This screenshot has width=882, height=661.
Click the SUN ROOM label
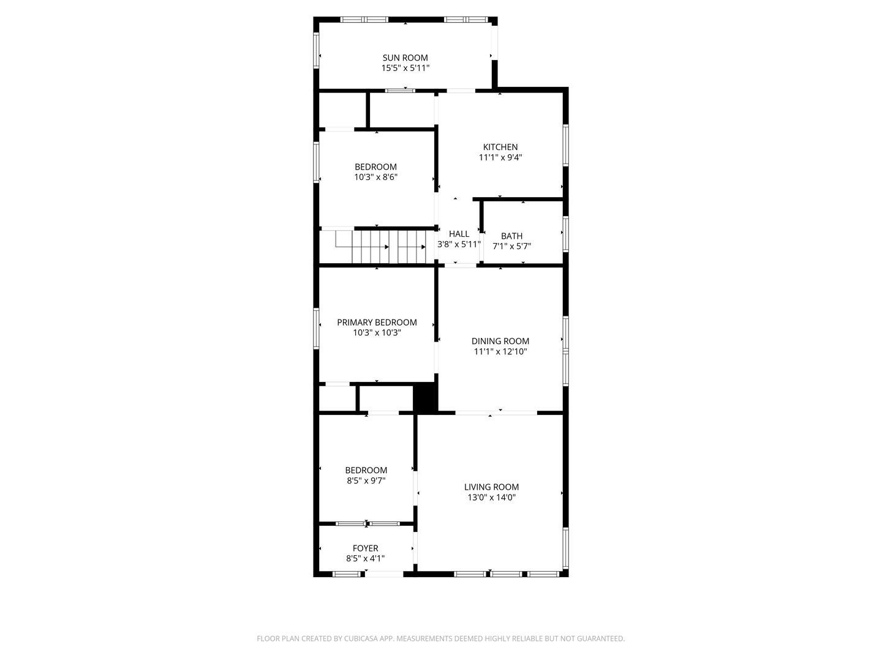[x=405, y=58]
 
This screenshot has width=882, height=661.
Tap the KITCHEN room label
[x=500, y=147]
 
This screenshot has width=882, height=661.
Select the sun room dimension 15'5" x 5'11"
[x=405, y=69]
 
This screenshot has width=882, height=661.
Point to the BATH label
[x=511, y=236]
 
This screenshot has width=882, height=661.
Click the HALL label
[x=459, y=234]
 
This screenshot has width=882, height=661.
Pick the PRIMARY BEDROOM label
[x=377, y=323]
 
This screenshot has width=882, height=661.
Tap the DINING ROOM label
[x=500, y=342]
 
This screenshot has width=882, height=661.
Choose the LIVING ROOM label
[x=491, y=487]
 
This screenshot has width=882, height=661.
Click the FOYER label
[x=365, y=548]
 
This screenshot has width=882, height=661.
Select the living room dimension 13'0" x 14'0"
[x=491, y=498]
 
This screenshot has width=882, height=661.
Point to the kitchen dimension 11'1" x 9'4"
[x=500, y=157]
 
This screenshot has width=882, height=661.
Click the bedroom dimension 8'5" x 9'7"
[x=366, y=481]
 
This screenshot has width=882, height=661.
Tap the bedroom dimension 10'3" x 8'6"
[x=375, y=177]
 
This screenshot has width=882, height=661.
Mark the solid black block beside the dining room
[x=425, y=398]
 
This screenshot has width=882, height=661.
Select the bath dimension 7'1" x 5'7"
[x=511, y=247]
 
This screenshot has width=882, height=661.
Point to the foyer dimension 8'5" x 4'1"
[x=365, y=559]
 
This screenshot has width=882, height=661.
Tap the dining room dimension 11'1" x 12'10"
[x=500, y=352]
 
